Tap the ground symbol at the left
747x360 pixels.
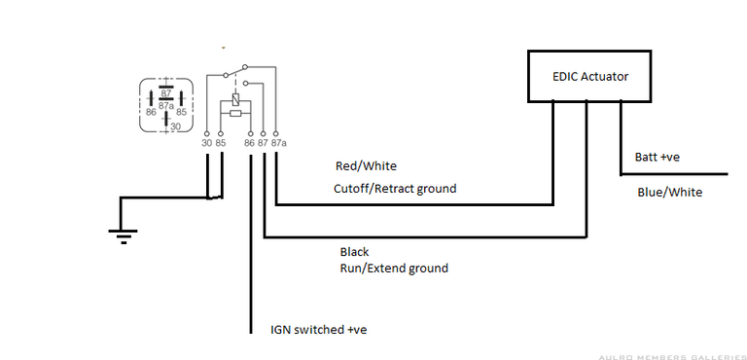(x=121, y=234)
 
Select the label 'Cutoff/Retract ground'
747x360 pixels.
(x=394, y=189)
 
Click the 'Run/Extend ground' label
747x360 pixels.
(x=394, y=268)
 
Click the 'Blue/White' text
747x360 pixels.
(x=669, y=192)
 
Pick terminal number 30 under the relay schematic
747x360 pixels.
(x=206, y=143)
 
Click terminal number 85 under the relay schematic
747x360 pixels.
(x=222, y=143)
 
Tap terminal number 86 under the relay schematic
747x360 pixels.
(x=249, y=143)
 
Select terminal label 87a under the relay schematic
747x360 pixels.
(x=278, y=143)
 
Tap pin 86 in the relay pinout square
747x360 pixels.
(x=152, y=112)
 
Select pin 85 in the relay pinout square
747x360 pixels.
(x=180, y=112)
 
